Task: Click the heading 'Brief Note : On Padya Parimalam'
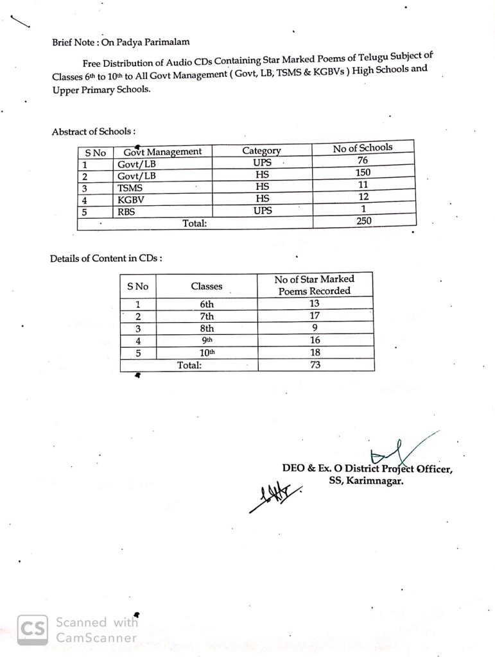point(121,42)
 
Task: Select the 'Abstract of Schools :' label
point(94,132)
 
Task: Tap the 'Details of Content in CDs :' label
point(106,259)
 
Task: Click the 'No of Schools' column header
point(362,148)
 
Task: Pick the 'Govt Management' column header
point(162,152)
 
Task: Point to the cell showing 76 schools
point(363,160)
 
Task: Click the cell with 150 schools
point(363,173)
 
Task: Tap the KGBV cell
point(131,200)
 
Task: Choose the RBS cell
point(126,211)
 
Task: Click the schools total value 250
point(364,221)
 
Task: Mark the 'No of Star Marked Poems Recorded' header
point(315,285)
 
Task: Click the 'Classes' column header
point(207,286)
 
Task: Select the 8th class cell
point(207,328)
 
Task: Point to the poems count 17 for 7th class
point(315,316)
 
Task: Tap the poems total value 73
point(315,364)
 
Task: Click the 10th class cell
point(207,352)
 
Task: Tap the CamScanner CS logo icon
point(33,629)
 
